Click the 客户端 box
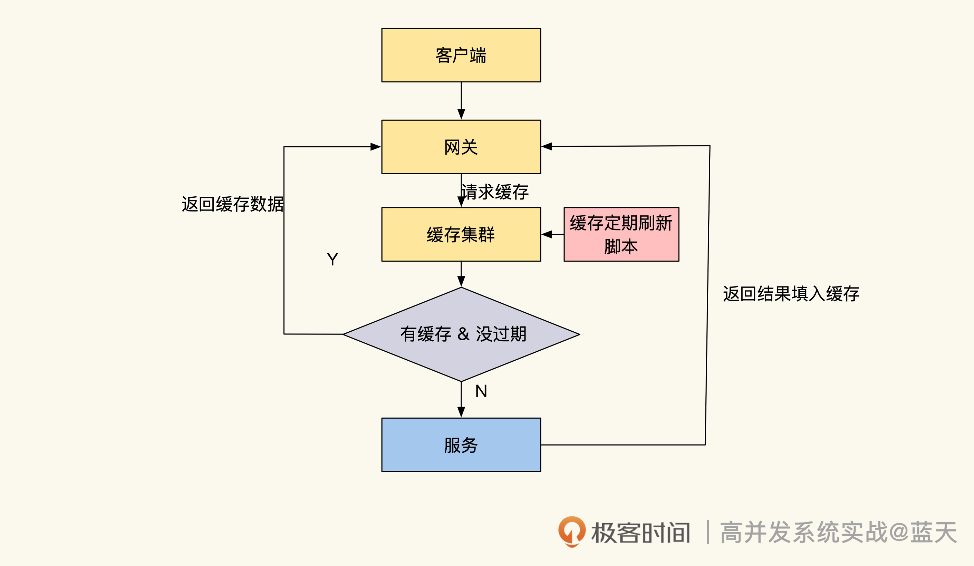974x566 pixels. [x=461, y=55]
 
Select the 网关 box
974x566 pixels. [x=461, y=147]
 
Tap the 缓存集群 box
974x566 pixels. [x=461, y=234]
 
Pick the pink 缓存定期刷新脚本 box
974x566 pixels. [x=621, y=234]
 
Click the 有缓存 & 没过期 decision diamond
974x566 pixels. [x=461, y=334]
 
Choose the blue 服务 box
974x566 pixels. [x=461, y=445]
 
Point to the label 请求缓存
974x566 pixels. [x=495, y=192]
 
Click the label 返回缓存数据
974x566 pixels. [x=233, y=204]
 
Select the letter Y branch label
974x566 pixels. [x=332, y=259]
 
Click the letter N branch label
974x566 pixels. [x=481, y=391]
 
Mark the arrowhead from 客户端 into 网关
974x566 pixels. [x=461, y=114]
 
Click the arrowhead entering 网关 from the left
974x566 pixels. [x=375, y=147]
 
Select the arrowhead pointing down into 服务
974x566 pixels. [x=461, y=412]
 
